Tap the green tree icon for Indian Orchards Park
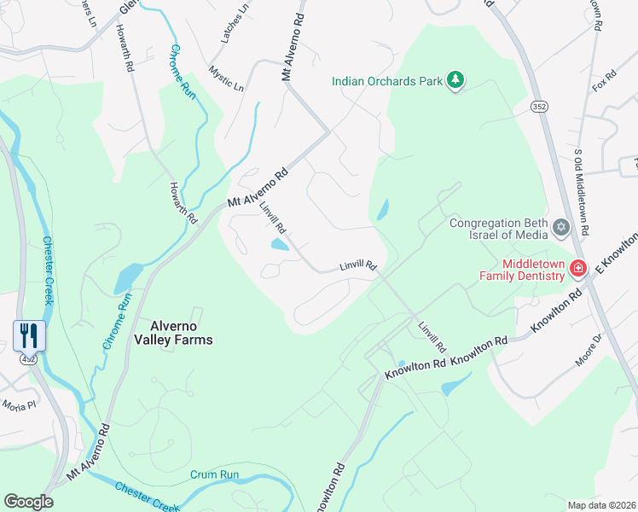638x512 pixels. coord(456,81)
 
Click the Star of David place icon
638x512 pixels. coord(560,227)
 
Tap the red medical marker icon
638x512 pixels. coord(578,269)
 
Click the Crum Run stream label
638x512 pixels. coord(215,474)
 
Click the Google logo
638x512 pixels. coord(28,501)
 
